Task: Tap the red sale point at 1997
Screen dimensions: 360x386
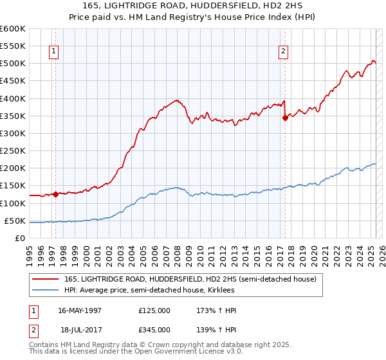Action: click(x=55, y=194)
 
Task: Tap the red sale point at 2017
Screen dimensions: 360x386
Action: click(x=285, y=118)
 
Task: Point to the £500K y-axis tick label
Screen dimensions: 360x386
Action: click(x=12, y=64)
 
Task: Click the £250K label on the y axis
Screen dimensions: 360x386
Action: click(x=12, y=151)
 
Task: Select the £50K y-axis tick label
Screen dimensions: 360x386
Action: click(x=14, y=221)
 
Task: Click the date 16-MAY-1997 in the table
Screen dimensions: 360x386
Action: click(x=80, y=310)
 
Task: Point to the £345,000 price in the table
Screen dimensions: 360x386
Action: click(x=154, y=329)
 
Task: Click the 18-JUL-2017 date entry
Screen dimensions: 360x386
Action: click(x=81, y=329)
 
